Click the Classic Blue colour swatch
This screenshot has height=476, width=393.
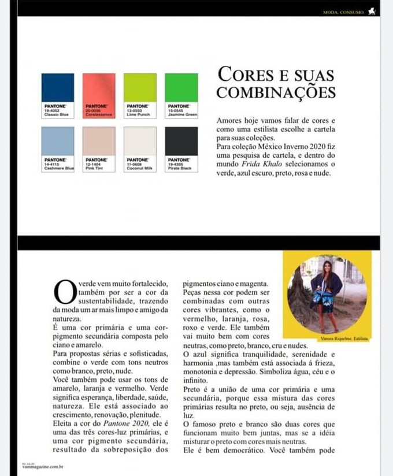58,87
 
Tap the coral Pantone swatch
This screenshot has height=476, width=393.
99,87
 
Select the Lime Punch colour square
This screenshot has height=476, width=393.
140,87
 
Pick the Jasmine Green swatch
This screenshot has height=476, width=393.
181,87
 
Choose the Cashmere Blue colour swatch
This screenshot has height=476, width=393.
58,140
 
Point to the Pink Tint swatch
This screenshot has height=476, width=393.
99,140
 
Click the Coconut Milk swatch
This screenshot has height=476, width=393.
140,140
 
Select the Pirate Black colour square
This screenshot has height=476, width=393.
181,140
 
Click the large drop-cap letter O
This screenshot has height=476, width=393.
64,292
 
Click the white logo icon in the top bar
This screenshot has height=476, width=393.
372,10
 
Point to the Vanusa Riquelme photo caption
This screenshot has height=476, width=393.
343,339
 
